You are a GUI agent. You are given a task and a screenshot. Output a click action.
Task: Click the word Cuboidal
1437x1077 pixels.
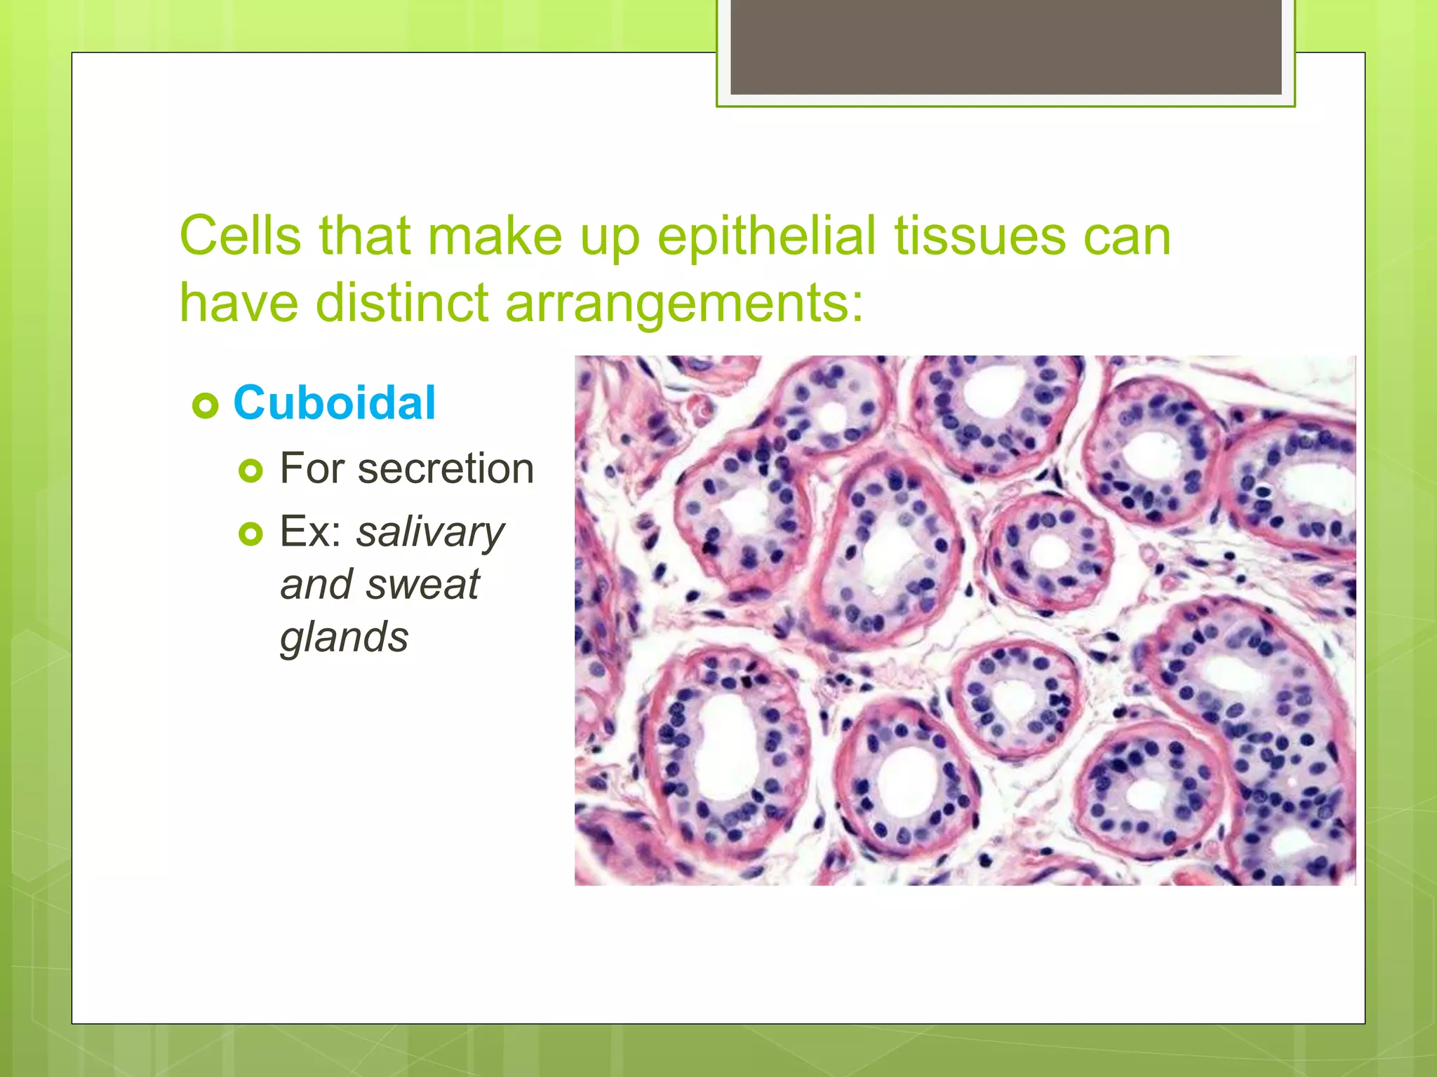(334, 403)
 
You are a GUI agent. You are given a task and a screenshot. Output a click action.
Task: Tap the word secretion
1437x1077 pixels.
(446, 468)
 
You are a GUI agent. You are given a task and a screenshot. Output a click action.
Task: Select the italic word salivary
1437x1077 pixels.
(430, 532)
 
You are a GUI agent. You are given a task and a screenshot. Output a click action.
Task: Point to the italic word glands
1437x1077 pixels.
(344, 637)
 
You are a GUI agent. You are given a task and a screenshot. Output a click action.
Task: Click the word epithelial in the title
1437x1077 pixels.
(766, 237)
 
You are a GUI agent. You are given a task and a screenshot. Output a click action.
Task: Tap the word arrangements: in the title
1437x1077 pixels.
(683, 304)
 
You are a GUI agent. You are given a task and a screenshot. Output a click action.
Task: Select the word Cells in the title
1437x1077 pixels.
(240, 236)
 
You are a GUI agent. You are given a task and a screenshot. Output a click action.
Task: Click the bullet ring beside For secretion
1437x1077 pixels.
(250, 470)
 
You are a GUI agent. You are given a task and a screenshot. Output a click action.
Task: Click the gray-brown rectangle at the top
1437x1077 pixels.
(1005, 47)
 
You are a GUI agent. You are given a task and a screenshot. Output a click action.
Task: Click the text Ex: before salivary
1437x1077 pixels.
(311, 532)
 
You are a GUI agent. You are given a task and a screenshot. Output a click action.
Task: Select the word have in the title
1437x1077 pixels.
(239, 303)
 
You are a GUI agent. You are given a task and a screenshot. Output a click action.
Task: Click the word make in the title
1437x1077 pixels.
(495, 236)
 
